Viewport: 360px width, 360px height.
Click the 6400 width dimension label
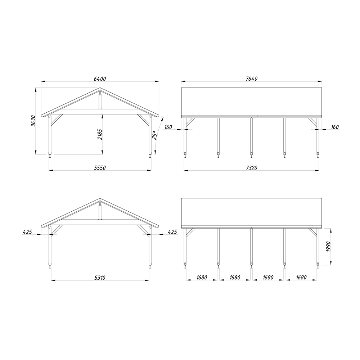coord(100,79)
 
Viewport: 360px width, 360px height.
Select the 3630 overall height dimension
coord(33,121)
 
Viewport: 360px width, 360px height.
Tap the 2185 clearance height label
coord(100,134)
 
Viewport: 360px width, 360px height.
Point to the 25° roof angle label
coord(154,135)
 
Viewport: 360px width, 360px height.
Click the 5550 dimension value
coord(100,168)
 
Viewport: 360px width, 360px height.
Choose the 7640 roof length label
coord(252,79)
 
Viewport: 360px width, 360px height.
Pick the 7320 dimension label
coord(252,168)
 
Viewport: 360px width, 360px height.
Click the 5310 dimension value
coord(100,278)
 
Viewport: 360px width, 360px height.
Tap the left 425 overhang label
coord(27,232)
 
